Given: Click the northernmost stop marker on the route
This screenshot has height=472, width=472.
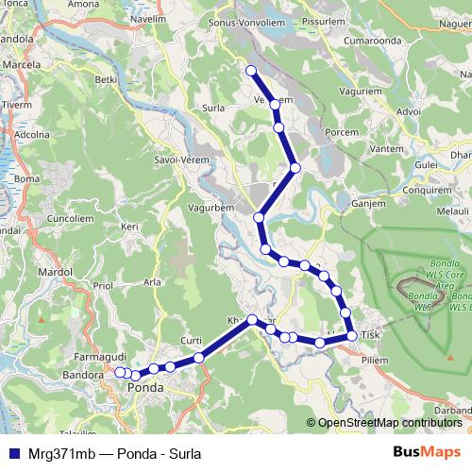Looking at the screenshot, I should tap(251, 71).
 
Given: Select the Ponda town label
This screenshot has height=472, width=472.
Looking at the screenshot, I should tap(151, 387).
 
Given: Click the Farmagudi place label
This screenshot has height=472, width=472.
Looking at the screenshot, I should tap(99, 357).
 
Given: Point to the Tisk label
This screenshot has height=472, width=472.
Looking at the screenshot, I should tap(370, 335).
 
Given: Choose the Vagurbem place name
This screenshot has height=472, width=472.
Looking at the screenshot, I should tap(211, 208).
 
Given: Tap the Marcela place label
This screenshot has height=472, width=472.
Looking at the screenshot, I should tap(23, 64).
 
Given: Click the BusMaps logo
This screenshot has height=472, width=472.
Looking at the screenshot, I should tap(426, 452).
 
